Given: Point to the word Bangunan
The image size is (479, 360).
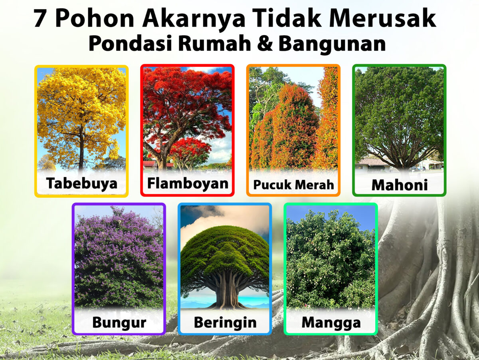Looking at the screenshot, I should [x=333, y=44].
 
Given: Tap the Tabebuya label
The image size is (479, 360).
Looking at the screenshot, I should [x=81, y=183].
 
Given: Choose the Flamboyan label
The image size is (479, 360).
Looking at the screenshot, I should [x=187, y=183].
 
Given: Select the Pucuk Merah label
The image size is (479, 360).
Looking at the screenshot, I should [x=293, y=185].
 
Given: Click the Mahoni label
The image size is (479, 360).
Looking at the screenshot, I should [x=399, y=185].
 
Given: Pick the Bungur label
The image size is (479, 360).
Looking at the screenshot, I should [x=119, y=322].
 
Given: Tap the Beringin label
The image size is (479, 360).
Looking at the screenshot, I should [x=225, y=322].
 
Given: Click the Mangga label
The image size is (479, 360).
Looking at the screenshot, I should [x=331, y=322].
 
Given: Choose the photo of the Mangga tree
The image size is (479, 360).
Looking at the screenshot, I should [x=331, y=258].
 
